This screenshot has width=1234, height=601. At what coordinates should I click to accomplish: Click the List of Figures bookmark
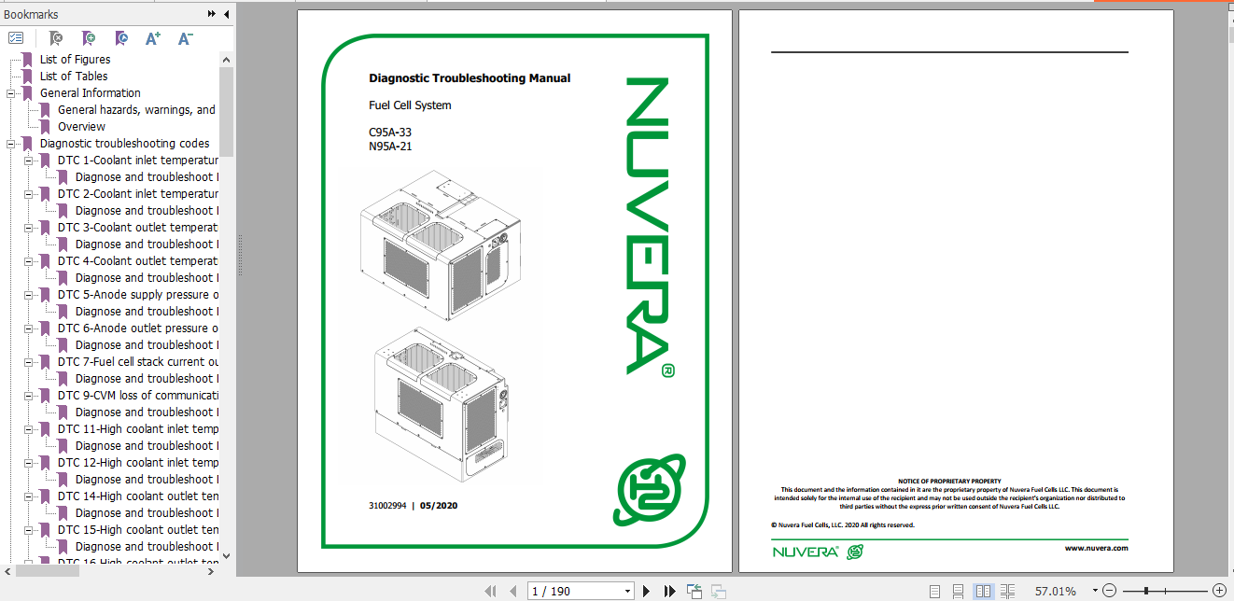pos(75,60)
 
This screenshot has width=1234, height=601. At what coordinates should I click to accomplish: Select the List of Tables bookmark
pos(73,77)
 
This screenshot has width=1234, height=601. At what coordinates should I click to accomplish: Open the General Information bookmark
pos(90,93)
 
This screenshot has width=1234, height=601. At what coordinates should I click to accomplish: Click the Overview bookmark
pos(81,127)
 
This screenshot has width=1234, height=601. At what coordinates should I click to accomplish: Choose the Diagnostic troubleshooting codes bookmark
pos(124,144)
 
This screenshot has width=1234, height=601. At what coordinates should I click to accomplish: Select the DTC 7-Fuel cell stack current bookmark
pos(138,362)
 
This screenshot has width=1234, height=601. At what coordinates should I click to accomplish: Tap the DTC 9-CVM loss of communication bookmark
pos(138,396)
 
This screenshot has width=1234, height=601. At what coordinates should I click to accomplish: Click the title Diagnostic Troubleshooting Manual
pos(470,78)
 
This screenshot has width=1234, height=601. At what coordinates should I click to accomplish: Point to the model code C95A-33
pos(390,133)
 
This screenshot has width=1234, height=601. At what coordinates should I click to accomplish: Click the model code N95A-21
pos(390,146)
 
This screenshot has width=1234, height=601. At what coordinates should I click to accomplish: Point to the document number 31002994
pos(387,506)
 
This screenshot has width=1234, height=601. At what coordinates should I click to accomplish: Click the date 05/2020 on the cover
pos(439,506)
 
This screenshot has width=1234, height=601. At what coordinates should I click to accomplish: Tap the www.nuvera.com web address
pos(1096,548)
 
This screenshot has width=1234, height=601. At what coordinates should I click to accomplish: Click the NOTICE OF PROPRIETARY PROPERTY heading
pos(949,481)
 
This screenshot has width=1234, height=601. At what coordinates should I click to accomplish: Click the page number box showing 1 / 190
pos(579,591)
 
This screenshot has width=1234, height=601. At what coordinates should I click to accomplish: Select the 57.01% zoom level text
pos(1055,591)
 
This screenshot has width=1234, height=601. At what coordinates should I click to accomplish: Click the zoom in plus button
pos(1218,591)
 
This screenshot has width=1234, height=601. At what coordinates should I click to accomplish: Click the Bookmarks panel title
pos(31,14)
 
